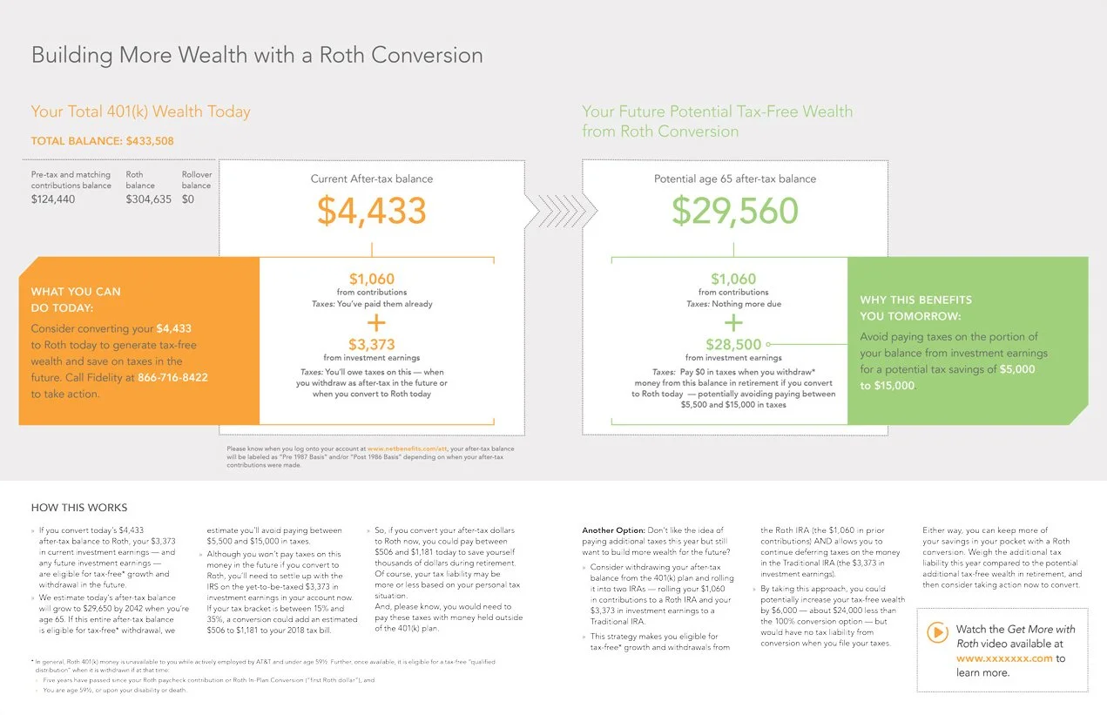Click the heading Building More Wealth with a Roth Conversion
(257, 56)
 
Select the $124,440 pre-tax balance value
(53, 199)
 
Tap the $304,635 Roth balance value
(148, 199)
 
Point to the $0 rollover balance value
(188, 199)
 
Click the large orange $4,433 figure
(371, 212)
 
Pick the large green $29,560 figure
(735, 212)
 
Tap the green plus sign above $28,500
(734, 322)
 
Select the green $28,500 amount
(734, 345)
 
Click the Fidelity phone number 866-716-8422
(172, 378)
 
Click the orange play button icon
(937, 633)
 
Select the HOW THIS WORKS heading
(79, 508)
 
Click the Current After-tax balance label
(371, 179)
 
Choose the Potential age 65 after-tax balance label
(734, 179)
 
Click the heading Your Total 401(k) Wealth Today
(140, 111)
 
